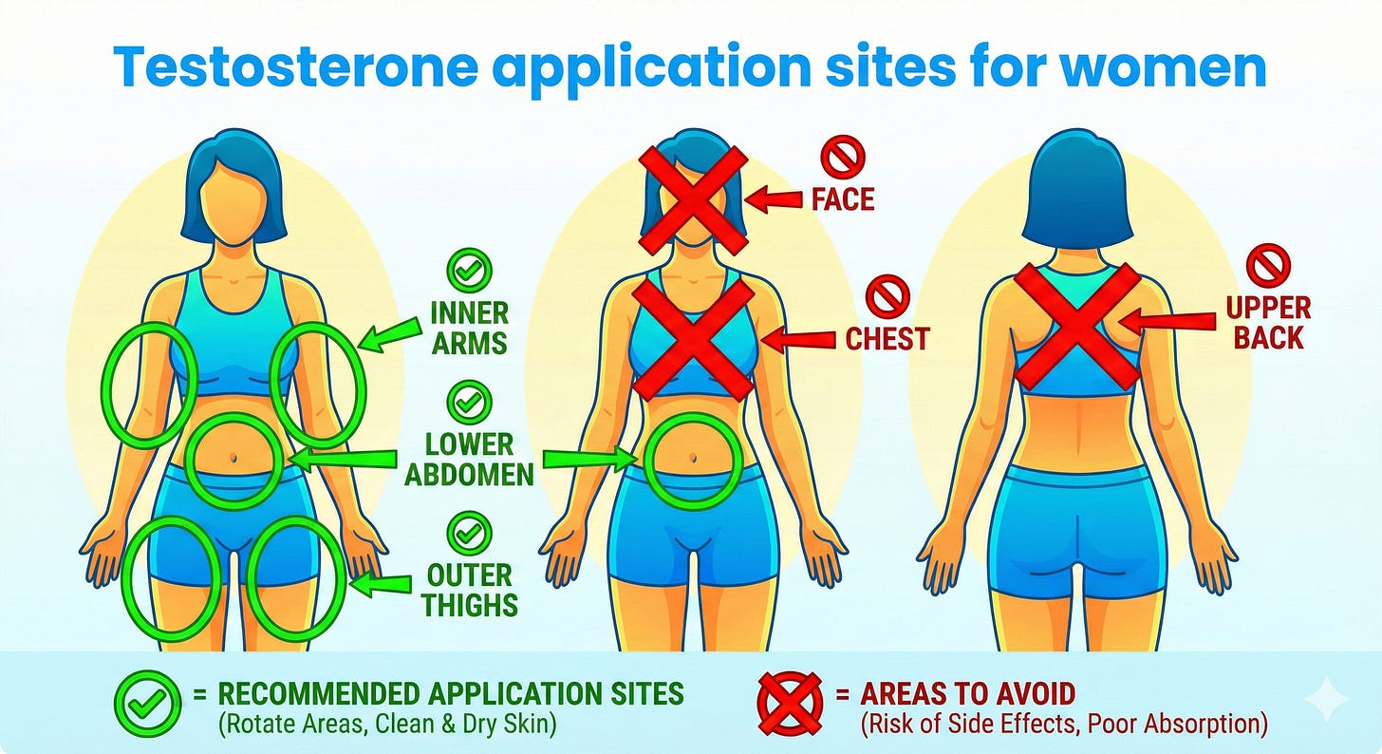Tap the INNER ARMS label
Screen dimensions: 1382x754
coord(470,328)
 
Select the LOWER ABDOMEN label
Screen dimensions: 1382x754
coord(470,459)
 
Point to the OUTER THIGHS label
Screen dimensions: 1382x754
coord(470,590)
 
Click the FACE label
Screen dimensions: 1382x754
coord(842,199)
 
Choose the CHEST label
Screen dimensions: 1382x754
coord(887,337)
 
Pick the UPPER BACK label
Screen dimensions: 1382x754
coord(1267,322)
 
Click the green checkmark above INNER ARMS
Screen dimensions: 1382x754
coord(469,272)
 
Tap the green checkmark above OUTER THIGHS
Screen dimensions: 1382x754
coord(469,533)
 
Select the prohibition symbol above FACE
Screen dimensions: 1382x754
coord(843,157)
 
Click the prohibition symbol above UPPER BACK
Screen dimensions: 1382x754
coord(1268,265)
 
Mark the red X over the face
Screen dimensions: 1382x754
coord(694,198)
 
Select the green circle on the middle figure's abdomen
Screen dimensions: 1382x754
coord(690,460)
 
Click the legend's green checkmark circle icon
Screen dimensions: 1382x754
coord(146,704)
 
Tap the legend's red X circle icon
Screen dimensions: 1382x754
coord(790,704)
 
